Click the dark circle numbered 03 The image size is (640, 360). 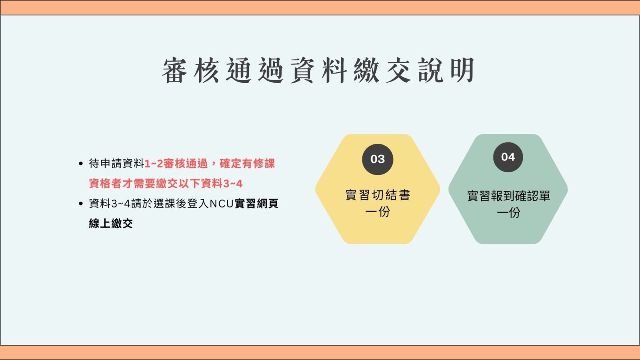tap(378, 160)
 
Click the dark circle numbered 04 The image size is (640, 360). tap(508, 157)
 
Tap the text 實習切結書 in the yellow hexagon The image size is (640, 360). tap(378, 195)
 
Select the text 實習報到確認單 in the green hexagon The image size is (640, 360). tap(508, 196)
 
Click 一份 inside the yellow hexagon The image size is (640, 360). tap(378, 212)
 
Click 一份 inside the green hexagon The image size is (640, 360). tap(508, 212)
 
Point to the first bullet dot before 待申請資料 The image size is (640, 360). tap(80, 164)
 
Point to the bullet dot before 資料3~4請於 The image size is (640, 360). tap(80, 204)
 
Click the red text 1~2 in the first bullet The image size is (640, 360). tap(154, 164)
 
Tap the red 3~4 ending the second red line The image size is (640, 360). tap(233, 184)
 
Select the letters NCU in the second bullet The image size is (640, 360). tap(222, 204)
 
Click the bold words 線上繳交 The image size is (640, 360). tap(111, 224)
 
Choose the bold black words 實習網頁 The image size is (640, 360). tap(256, 204)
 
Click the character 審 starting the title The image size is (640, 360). tap(174, 70)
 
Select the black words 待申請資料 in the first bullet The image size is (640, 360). tap(116, 164)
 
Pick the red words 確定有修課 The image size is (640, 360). tap(247, 164)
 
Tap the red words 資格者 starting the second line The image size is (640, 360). tap(106, 184)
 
